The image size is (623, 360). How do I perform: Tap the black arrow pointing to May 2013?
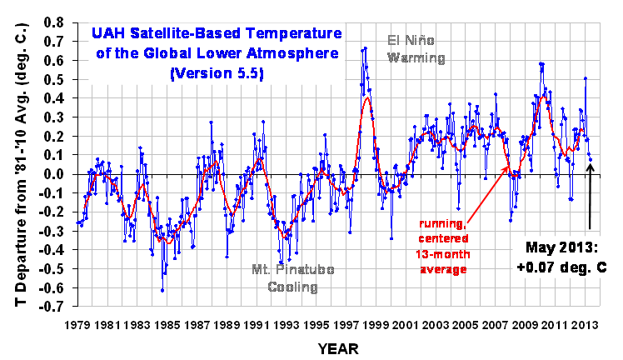coord(591,200)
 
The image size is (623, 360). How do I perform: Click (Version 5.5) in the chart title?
coord(206,72)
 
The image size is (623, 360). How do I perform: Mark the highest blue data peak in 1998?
coord(365,48)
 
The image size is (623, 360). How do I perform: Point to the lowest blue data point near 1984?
coord(162,289)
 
